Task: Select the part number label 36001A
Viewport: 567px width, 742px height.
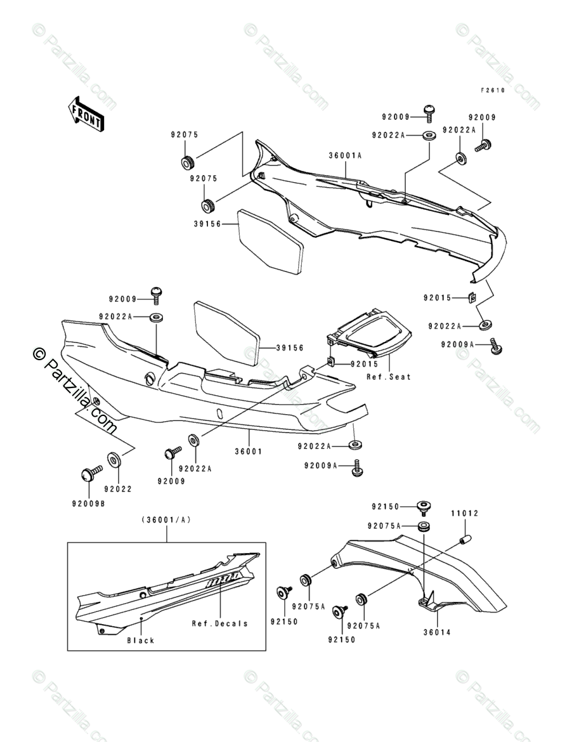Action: [x=345, y=155]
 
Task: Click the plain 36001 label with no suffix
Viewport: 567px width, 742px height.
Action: [x=249, y=452]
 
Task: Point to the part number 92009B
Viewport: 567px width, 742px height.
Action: [x=89, y=504]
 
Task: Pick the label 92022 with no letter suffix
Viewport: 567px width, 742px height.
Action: [x=118, y=490]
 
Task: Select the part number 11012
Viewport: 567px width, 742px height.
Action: [x=464, y=514]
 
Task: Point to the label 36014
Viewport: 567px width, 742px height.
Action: [x=437, y=632]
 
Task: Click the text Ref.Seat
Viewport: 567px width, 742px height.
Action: [x=389, y=377]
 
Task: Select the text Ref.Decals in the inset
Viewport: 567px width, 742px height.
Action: [x=219, y=623]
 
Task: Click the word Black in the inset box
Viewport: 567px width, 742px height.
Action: [x=141, y=641]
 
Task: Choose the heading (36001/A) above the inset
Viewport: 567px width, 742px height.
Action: [x=166, y=519]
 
